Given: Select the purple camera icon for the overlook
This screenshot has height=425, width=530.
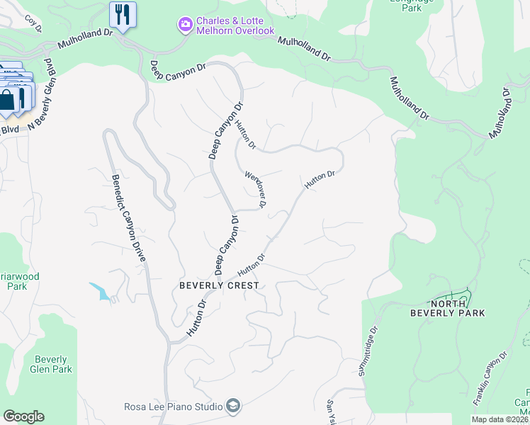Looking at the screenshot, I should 185,25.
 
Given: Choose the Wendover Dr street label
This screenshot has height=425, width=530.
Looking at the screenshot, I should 255,188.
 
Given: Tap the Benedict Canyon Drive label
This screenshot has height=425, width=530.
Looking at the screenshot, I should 128,219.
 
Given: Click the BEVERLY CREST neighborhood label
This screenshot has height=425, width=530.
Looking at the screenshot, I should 218,285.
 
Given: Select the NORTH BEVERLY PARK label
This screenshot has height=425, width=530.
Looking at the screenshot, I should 448,307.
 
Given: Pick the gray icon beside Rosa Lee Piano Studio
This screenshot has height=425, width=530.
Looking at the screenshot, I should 233,406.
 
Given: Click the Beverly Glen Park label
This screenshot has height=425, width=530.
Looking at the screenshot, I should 51,364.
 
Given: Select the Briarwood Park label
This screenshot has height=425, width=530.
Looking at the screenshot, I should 18,281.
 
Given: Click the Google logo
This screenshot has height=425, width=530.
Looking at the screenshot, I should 23,416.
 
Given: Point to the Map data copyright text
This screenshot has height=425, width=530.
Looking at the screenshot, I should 500,419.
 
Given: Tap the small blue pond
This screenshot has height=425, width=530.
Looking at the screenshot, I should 100,291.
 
